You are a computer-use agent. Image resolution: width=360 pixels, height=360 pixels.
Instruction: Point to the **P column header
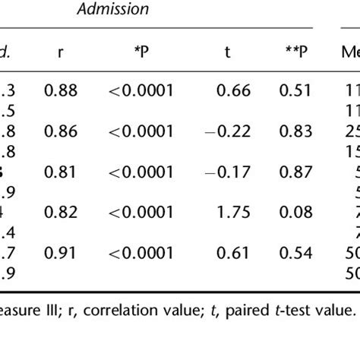pyautogui.click(x=293, y=54)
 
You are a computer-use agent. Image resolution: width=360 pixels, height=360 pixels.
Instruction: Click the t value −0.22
pyautogui.click(x=224, y=131)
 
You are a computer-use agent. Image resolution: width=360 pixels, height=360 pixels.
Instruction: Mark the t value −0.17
pyautogui.click(x=224, y=172)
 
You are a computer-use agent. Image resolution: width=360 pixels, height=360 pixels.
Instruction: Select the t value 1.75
pyautogui.click(x=229, y=211)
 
